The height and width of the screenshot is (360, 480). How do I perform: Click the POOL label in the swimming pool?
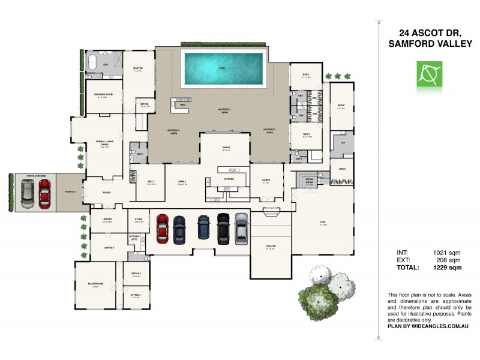tap(223, 68)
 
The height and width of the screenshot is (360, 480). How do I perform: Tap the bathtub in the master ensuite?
tap(92, 62)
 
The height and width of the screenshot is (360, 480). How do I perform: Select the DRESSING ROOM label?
tap(105, 94)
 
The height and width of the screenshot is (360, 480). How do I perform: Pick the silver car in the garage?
tap(241, 227)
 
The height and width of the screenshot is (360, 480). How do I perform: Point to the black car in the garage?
tap(223, 227)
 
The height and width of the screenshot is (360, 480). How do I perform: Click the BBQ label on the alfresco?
tap(183, 104)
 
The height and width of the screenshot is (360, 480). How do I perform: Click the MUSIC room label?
tap(341, 105)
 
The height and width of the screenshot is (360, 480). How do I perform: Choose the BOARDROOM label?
tap(95, 284)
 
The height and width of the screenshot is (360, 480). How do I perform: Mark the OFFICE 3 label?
tap(136, 294)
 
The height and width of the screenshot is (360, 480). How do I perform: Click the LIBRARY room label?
tap(107, 220)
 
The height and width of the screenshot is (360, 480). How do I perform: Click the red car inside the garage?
tap(162, 227)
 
